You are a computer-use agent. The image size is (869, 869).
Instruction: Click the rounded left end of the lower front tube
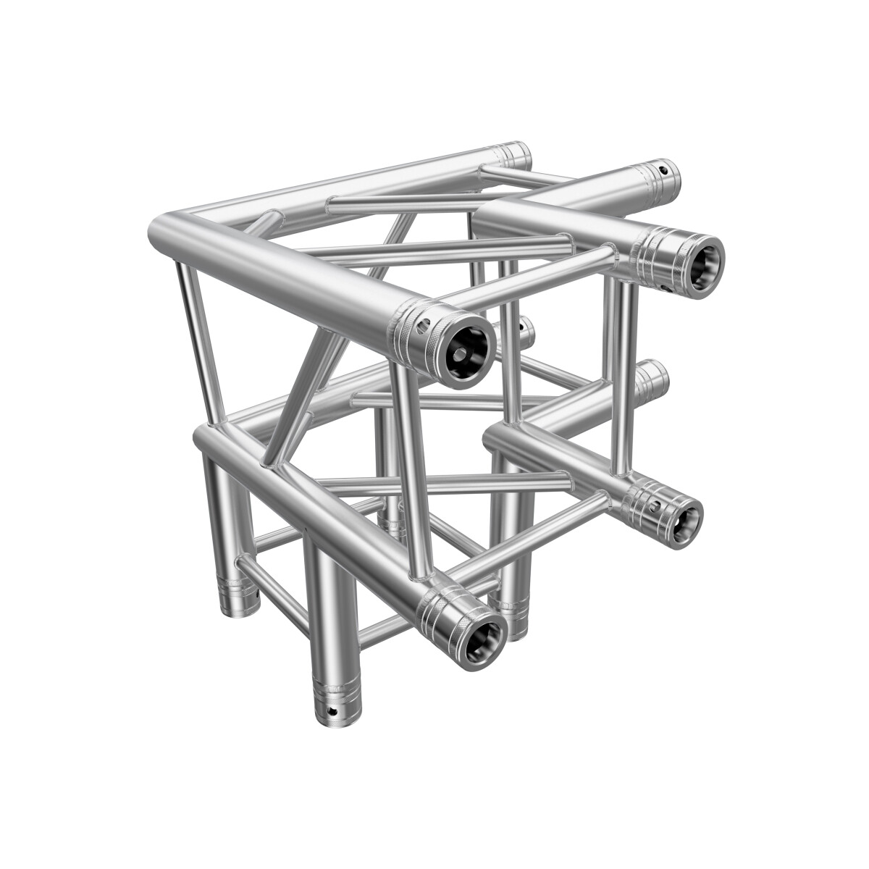coord(203,438)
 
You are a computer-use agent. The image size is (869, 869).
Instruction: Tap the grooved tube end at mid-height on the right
coord(653,377)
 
